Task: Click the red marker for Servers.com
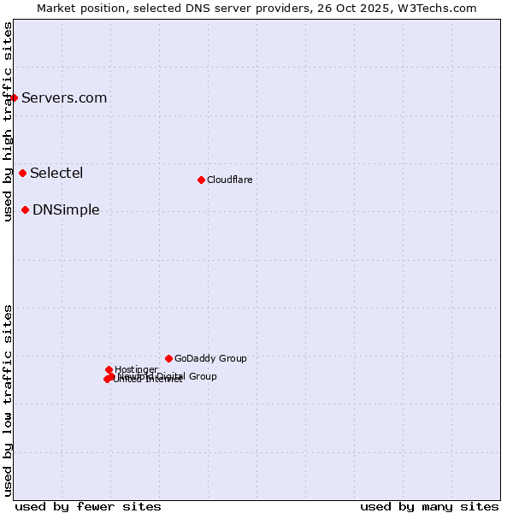(14, 97)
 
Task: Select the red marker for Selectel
(22, 173)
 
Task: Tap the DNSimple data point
(26, 209)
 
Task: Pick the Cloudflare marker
(201, 180)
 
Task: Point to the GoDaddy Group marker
(168, 358)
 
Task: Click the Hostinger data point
(109, 369)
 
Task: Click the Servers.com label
(64, 97)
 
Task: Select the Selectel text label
(56, 173)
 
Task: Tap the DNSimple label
(66, 209)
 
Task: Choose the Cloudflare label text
(229, 180)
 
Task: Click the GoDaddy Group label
(210, 358)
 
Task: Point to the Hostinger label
(136, 369)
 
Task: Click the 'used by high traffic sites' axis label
(8, 121)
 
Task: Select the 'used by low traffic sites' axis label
(8, 400)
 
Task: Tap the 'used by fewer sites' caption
(88, 506)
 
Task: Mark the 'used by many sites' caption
(429, 506)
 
